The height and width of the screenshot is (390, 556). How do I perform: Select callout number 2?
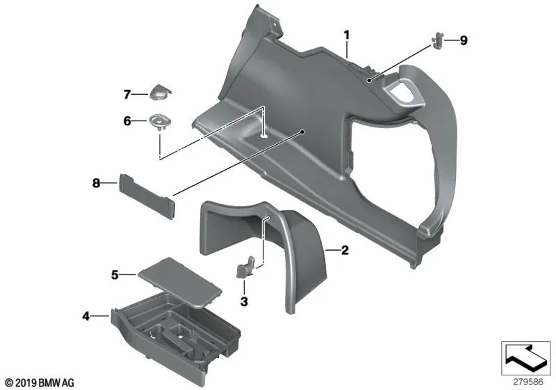344,249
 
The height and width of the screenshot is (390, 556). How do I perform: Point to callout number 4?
86,316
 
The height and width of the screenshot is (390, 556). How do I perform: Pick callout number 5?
115,274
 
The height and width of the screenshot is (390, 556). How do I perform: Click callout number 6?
127,121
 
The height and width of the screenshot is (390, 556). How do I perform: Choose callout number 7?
127,93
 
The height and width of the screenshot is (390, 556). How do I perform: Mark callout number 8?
97,183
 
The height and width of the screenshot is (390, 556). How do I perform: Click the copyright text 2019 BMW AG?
39,382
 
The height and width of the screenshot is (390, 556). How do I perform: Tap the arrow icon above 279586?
525,358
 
